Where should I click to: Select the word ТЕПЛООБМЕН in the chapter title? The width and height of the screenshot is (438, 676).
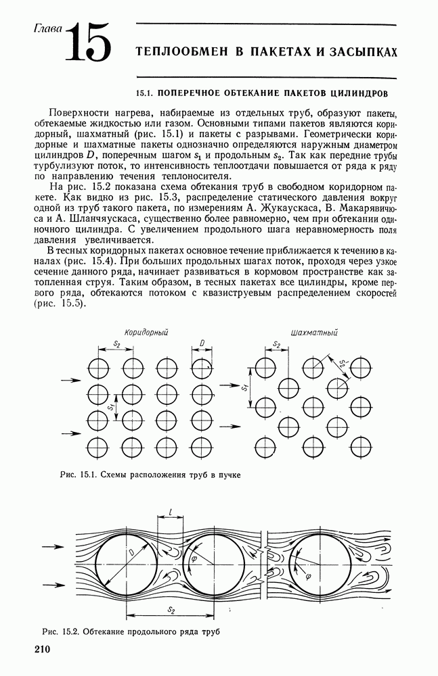[x=177, y=52]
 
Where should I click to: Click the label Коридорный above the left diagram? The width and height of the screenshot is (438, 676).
[x=146, y=332]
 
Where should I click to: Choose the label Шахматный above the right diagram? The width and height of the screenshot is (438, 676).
[x=313, y=332]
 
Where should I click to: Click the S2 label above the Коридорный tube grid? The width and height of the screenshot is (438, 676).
[x=116, y=344]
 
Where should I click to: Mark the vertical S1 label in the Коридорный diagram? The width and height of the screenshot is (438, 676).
[x=110, y=408]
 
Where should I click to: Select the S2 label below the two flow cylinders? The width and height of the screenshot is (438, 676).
[x=171, y=610]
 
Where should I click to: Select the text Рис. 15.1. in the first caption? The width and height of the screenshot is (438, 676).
[x=76, y=475]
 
